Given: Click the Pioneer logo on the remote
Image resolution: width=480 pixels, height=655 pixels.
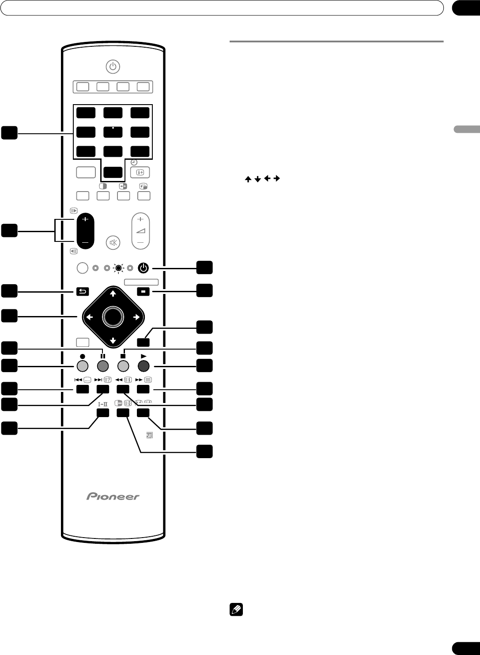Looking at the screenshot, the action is click(x=113, y=496).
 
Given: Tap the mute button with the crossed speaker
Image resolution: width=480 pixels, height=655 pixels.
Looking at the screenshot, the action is click(x=113, y=243).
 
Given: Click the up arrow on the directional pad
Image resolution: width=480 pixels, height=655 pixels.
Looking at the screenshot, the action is click(x=113, y=294).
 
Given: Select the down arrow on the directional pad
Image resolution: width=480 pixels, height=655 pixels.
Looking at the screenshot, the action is click(x=113, y=341).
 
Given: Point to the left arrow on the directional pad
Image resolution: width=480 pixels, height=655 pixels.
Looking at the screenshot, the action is click(x=90, y=317).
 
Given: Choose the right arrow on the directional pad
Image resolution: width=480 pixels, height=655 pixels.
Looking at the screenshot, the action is click(x=136, y=317).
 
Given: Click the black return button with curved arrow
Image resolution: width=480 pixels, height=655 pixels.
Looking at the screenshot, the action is click(x=83, y=292).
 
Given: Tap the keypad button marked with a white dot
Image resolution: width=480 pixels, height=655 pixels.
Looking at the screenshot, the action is click(x=113, y=132).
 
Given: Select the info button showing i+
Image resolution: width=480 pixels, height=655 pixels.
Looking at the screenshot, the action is click(x=140, y=172).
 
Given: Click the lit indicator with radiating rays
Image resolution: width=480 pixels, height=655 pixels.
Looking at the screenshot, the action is click(x=118, y=268).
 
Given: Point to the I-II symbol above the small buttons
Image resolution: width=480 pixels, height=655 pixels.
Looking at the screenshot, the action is click(x=103, y=404).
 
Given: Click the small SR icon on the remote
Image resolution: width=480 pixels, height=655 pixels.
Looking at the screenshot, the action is click(x=149, y=435).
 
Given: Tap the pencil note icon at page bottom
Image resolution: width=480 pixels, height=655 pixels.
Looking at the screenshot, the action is click(x=236, y=610).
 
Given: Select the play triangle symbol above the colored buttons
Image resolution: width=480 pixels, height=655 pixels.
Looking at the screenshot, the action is click(x=144, y=356).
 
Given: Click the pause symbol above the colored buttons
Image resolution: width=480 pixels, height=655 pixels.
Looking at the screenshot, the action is click(x=103, y=356).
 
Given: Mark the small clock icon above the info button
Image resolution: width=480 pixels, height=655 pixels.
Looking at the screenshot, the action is click(x=134, y=162).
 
